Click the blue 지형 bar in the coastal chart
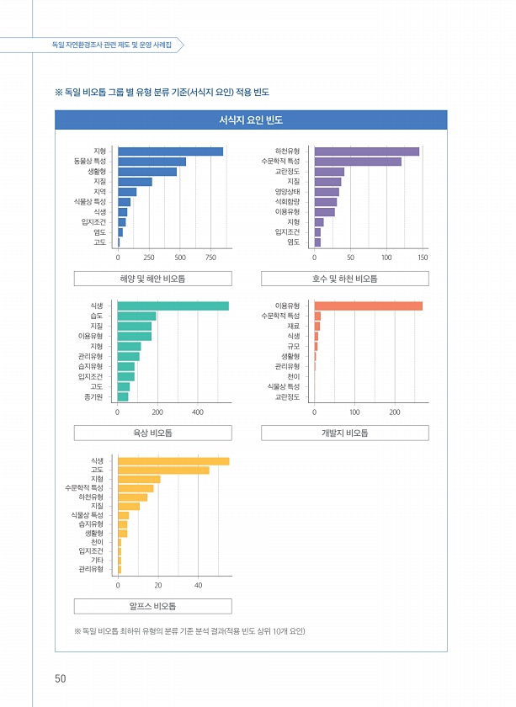170,151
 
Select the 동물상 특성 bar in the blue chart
152,162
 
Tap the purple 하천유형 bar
366,151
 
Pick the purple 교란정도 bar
329,172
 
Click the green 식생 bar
173,306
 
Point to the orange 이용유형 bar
368,306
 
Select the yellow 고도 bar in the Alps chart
163,470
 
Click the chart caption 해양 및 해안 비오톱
152,279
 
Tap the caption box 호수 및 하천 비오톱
344,279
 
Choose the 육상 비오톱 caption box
152,433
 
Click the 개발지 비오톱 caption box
344,433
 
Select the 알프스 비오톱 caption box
152,606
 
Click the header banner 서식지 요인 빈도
250,120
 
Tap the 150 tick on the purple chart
423,257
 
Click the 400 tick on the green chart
198,412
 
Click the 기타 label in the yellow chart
97,560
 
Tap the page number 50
61,678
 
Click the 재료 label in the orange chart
293,326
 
